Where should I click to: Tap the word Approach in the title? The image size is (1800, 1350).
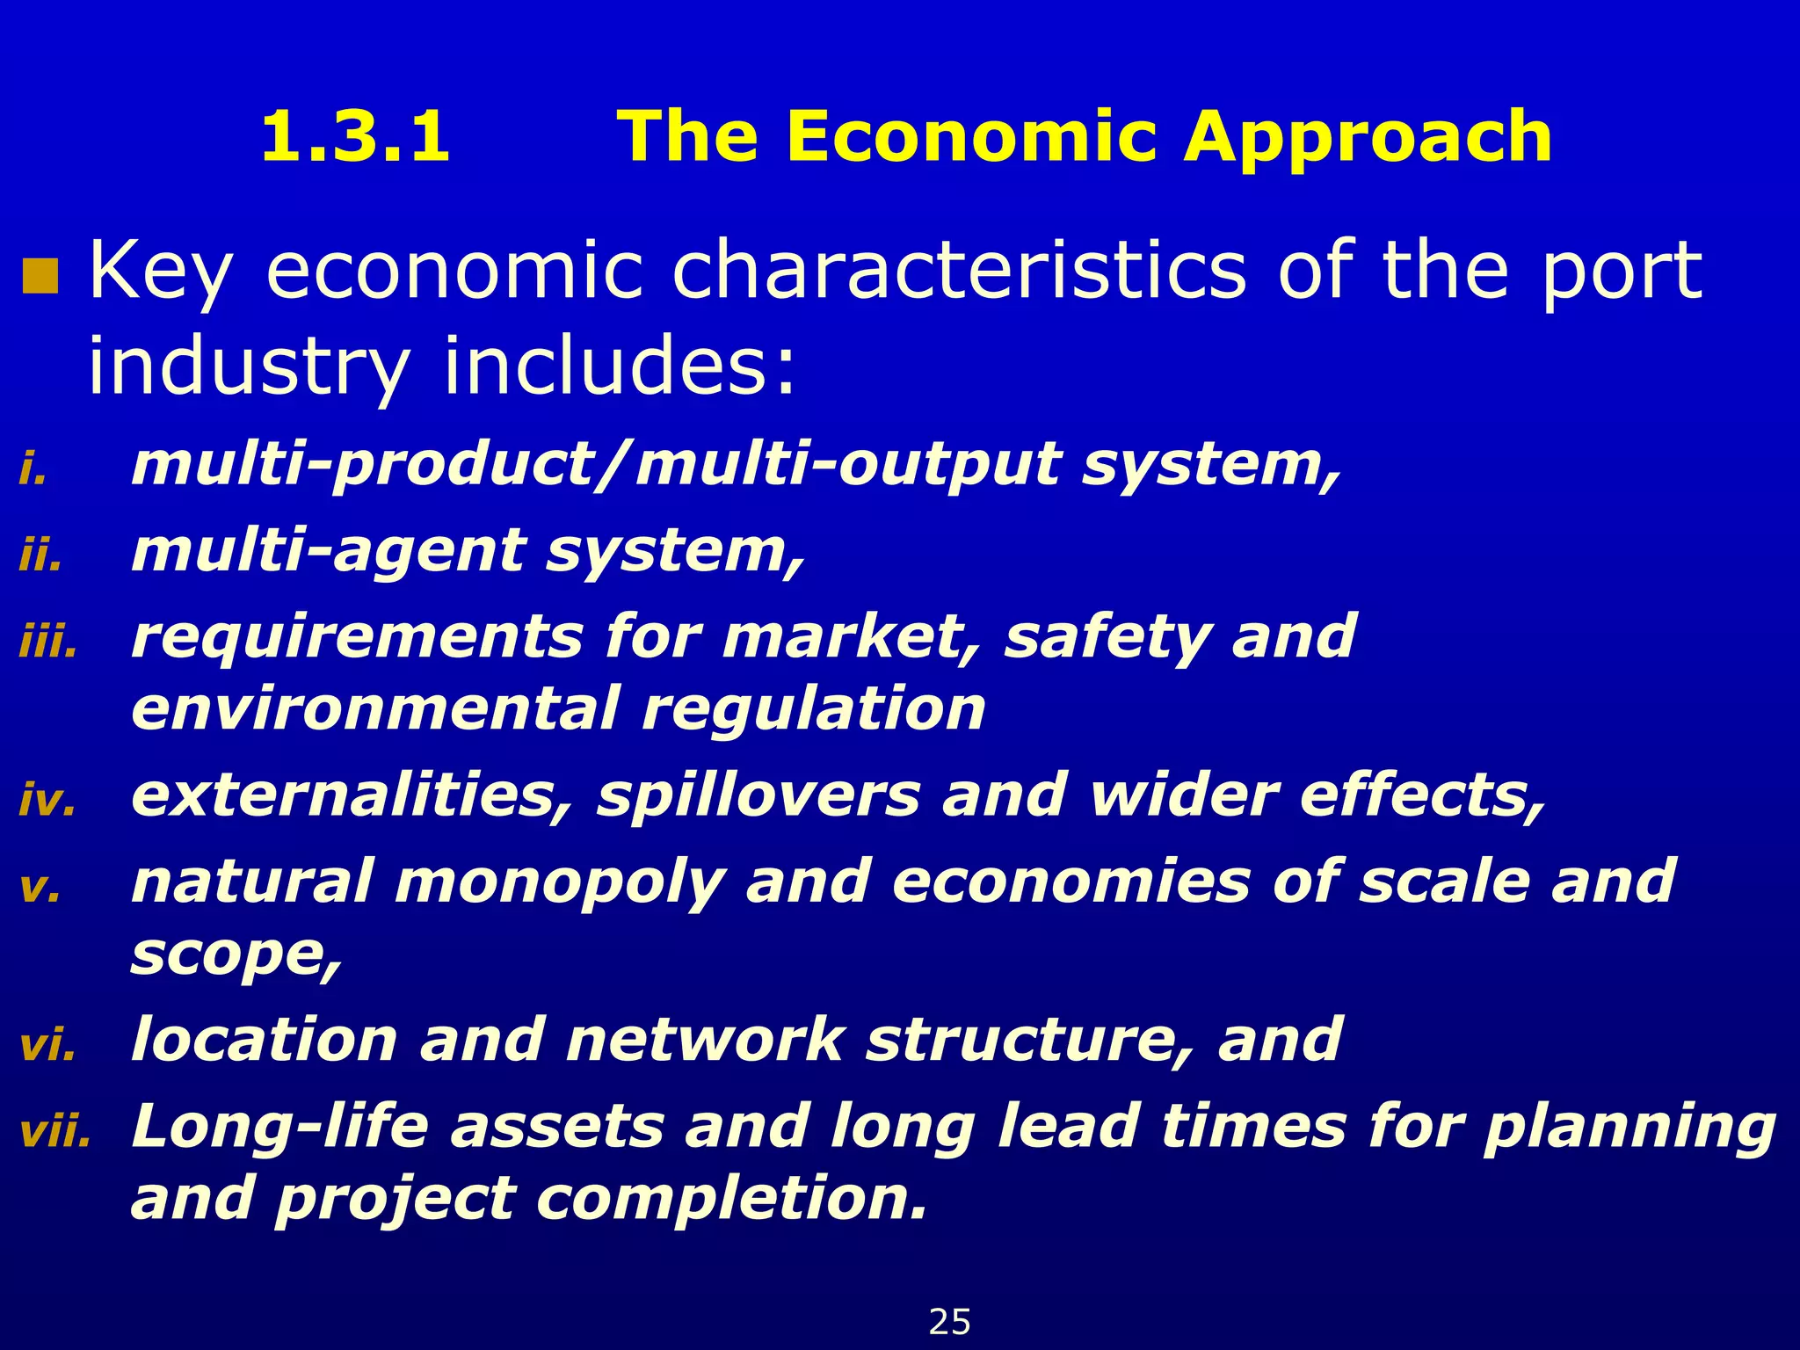[x=1368, y=139]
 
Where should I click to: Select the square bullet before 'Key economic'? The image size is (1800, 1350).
[x=40, y=276]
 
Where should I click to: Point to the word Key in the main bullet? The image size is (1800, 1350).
[x=161, y=272]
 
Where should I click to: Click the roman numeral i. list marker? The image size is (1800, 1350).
[x=33, y=471]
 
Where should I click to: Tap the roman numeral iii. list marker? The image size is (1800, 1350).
[x=48, y=643]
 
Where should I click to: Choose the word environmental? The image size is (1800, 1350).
[x=375, y=708]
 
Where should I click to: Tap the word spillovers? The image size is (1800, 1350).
[x=758, y=795]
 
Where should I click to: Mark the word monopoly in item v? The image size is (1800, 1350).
[x=559, y=882]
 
